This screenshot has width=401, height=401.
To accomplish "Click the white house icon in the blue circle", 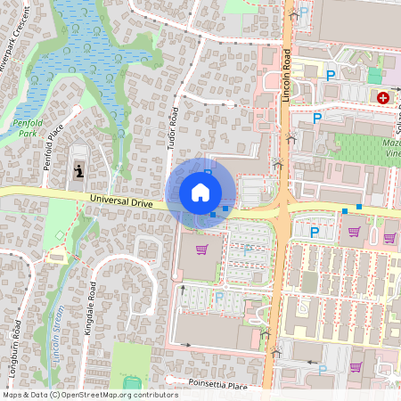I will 200,192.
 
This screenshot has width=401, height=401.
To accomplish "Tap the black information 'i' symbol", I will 79,169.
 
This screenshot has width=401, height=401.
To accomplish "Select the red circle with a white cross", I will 383,98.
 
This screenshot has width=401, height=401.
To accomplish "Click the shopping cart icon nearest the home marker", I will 202,250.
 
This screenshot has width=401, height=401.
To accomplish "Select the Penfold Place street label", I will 56,147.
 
